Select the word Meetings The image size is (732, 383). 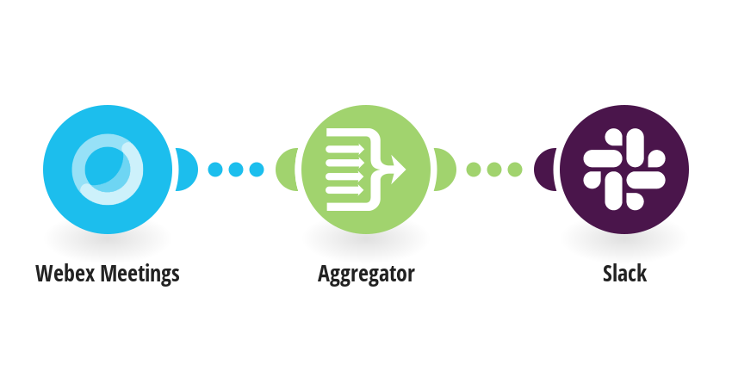[x=140, y=275]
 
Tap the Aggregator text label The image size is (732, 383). [x=366, y=275]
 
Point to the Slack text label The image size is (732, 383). [x=624, y=274]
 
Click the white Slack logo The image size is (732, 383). [x=624, y=169]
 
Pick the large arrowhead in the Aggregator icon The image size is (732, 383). [x=398, y=170]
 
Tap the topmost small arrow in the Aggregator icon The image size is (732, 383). [x=345, y=149]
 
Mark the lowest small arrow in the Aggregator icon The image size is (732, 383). [x=345, y=190]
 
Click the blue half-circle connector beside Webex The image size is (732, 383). [x=187, y=170]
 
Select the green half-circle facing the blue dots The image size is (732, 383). [x=286, y=170]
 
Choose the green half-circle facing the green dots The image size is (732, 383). [x=445, y=170]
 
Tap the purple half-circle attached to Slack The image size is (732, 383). [x=544, y=170]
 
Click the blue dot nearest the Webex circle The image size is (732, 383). [x=215, y=170]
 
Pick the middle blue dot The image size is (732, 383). [x=236, y=170]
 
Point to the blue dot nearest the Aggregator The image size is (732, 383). [x=257, y=170]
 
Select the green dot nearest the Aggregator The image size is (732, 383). [x=474, y=170]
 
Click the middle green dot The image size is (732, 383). [x=494, y=170]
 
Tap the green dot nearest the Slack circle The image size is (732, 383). [x=514, y=170]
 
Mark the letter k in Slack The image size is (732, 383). [x=642, y=274]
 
